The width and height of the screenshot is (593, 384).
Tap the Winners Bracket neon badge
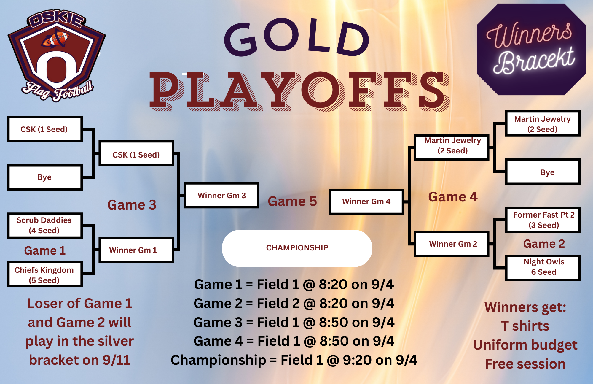pos(531,49)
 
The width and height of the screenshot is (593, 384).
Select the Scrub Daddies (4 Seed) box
pos(45,225)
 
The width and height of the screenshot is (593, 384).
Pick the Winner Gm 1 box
pos(136,250)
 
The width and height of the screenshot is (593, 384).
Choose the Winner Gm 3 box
pos(221,195)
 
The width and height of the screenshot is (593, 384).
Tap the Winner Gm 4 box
pos(366,201)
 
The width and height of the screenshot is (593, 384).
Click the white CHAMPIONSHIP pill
pos(297,248)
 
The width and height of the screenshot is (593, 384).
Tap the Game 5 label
pos(292,201)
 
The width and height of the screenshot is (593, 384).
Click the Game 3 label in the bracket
pos(132,205)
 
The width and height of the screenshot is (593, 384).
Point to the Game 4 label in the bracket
pos(453,197)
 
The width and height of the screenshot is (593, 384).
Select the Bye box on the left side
pos(45,177)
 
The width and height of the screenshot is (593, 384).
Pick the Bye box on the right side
pos(543,172)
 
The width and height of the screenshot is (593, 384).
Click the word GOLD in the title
pos(297,37)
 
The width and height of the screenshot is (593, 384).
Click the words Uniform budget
pos(525,345)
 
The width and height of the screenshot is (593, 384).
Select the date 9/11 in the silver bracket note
pos(117,360)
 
